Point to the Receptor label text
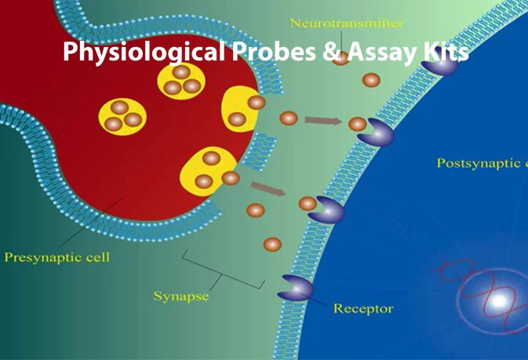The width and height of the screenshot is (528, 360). click(x=363, y=308)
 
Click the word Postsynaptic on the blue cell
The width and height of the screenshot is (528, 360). click(x=475, y=163)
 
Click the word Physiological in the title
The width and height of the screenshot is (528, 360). click(x=144, y=53)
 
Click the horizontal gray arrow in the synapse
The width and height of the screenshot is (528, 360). click(x=322, y=121)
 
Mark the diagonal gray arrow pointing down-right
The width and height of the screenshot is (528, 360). click(x=268, y=189)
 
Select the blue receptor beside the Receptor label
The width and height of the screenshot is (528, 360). click(x=296, y=288)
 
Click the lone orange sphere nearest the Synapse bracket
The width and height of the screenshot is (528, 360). click(x=271, y=245)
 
